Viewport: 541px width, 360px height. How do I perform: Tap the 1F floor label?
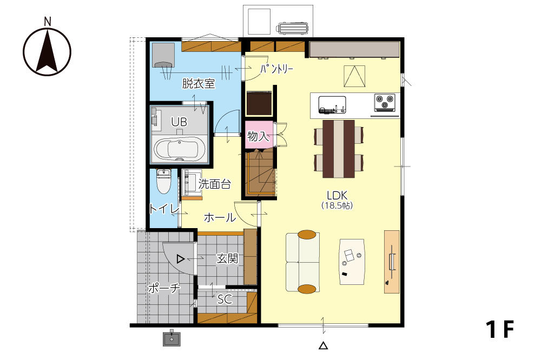pos(500,329)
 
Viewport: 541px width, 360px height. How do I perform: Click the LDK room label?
pos(337,195)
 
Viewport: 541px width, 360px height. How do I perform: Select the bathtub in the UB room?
pos(180,149)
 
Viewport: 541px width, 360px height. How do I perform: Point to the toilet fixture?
pos(163,182)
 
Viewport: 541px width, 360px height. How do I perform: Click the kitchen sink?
pos(332,105)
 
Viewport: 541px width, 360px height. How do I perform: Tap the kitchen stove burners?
pos(385,102)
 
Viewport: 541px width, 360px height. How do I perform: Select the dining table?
pos(339,149)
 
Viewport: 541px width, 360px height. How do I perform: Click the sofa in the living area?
pos(302,262)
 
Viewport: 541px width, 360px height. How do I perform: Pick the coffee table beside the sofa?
pos(352,262)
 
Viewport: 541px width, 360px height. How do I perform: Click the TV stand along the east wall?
pos(392,262)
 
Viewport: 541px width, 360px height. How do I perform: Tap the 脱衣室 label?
pos(199,84)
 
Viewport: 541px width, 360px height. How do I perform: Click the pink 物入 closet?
pos(259,135)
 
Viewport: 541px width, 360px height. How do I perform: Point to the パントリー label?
pos(276,69)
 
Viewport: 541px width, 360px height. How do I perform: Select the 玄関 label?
pos(227,258)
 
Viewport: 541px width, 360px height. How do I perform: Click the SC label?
pos(225,299)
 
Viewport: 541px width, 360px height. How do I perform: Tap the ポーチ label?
pos(164,288)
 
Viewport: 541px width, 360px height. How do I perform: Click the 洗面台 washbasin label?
pos(215,184)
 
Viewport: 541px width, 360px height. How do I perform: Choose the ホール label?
pos(220,218)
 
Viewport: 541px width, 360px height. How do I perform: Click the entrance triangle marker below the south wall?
pos(323,345)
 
